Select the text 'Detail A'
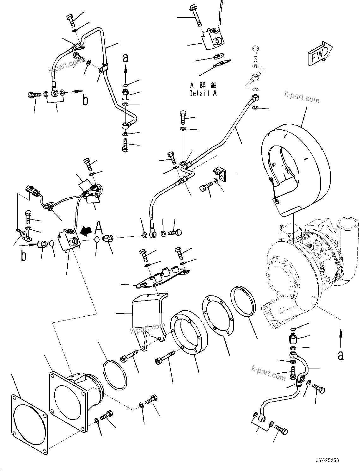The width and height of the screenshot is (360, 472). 203,93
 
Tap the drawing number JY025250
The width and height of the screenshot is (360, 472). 327,460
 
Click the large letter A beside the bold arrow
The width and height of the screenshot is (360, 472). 99,227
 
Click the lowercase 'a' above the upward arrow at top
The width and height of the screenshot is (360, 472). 125,58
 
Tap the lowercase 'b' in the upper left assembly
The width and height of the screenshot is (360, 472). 85,100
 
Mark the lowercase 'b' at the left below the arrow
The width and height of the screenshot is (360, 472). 23,256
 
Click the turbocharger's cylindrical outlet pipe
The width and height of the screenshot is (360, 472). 348,228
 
